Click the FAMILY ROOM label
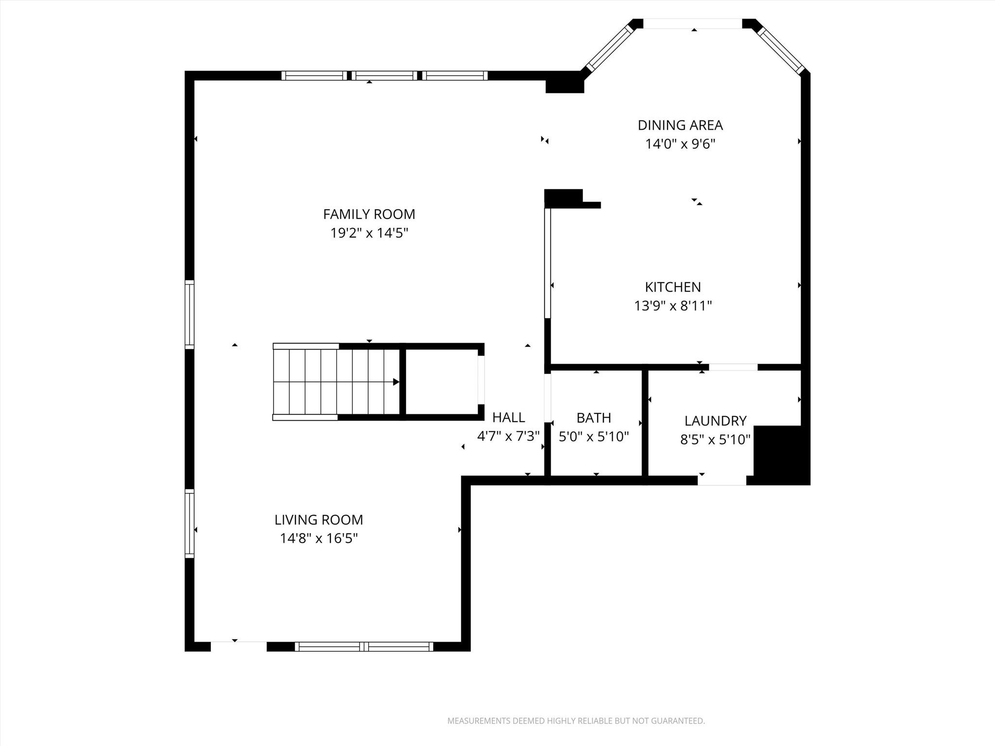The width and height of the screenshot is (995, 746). [x=369, y=214]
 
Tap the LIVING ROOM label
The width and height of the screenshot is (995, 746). [x=319, y=520]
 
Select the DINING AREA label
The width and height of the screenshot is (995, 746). [x=680, y=125]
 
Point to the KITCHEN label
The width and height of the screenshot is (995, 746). [x=673, y=287]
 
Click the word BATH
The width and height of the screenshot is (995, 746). [x=594, y=418]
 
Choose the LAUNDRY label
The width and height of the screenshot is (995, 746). [x=715, y=421]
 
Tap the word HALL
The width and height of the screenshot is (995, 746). [x=509, y=417]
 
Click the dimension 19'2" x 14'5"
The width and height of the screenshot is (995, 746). [x=369, y=233]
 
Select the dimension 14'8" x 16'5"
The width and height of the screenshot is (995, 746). [x=319, y=539]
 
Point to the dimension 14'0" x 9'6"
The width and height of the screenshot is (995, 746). [x=680, y=144]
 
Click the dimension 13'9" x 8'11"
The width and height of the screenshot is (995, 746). [x=673, y=306]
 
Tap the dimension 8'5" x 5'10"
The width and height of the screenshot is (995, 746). [x=715, y=440]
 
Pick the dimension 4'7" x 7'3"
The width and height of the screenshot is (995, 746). [x=509, y=436]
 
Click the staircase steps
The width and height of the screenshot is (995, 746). [x=336, y=382]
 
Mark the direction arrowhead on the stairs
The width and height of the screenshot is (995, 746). [x=396, y=382]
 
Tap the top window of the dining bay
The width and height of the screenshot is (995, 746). [x=693, y=24]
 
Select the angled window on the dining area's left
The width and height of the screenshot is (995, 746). [x=610, y=48]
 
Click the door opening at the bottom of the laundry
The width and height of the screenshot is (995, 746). [x=722, y=480]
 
